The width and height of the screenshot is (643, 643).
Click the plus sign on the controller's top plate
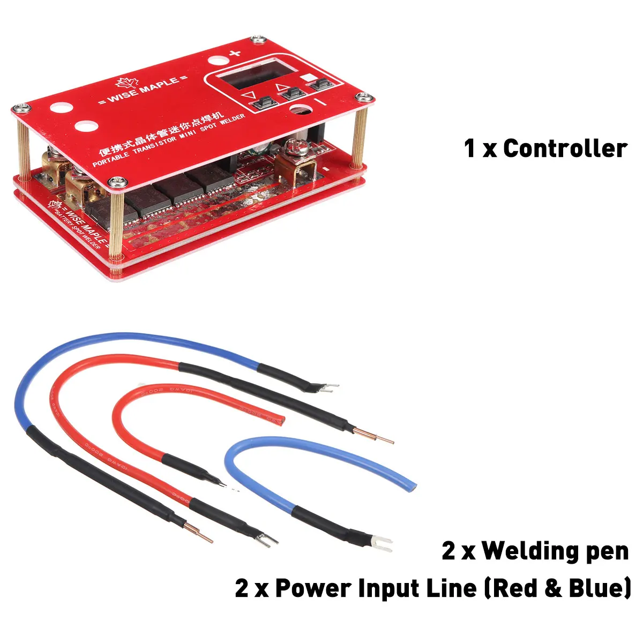[x=234, y=53]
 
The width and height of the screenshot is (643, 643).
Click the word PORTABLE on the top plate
[x=111, y=158]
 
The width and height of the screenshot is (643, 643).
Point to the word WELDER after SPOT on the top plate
[x=232, y=121]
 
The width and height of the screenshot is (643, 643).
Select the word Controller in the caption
[x=565, y=148]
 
